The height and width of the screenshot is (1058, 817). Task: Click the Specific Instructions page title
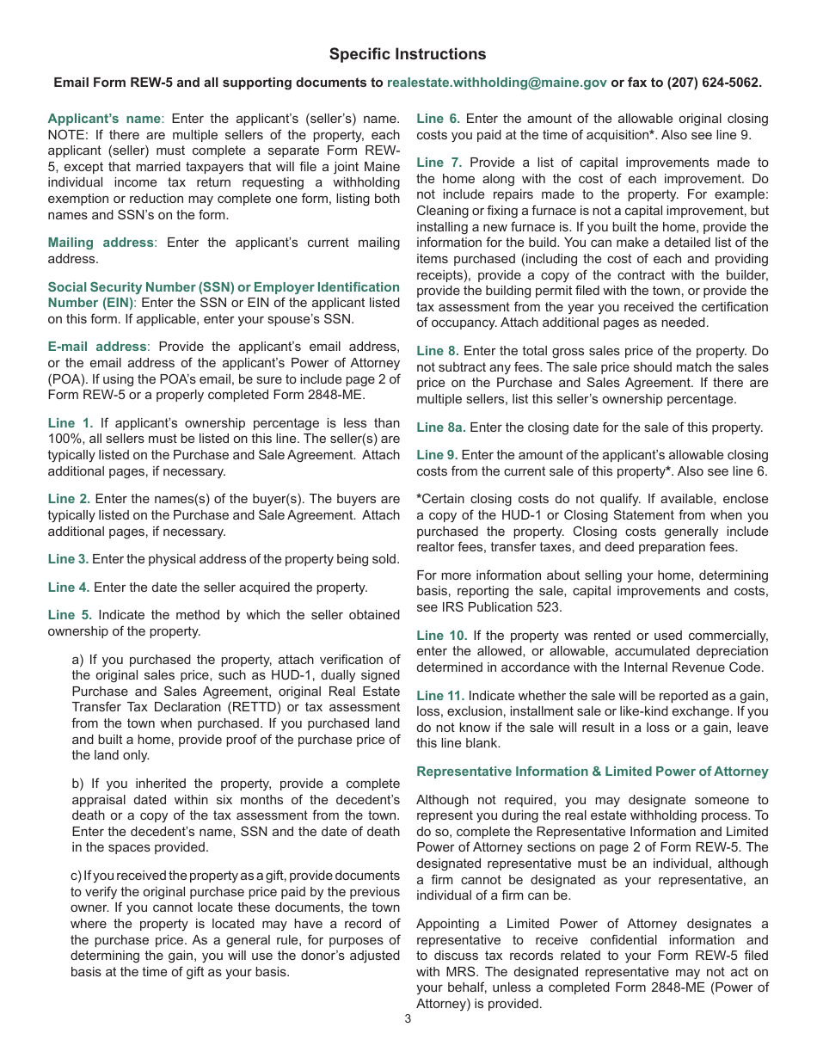point(408,54)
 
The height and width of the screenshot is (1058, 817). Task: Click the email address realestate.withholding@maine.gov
point(497,83)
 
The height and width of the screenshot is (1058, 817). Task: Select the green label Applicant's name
point(104,119)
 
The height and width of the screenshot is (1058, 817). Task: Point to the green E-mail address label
point(97,346)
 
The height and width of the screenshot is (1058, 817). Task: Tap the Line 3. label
point(68,559)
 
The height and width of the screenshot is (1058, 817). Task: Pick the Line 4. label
point(68,587)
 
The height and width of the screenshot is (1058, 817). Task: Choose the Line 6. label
point(438,119)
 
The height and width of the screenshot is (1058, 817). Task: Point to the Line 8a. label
point(441,428)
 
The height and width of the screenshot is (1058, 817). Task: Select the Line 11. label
point(440,695)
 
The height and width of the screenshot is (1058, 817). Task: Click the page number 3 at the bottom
point(408,1019)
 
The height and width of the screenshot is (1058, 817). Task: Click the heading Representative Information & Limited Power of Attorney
point(593,772)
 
